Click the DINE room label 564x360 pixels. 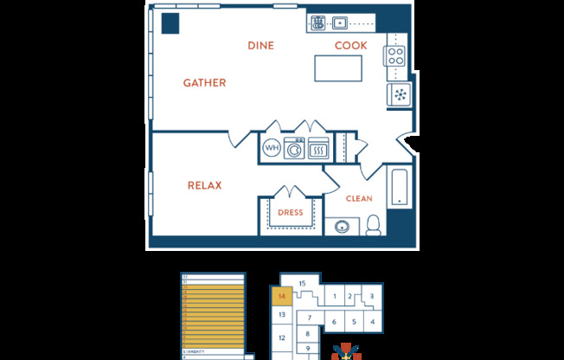261,45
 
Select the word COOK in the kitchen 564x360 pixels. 351,45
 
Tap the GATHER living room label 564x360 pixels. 204,83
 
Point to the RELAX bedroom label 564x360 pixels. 205,185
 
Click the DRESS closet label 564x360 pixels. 289,212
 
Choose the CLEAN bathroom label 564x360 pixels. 359,199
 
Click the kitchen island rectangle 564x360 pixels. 337,67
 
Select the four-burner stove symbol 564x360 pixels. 395,55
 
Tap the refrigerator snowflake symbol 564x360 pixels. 401,93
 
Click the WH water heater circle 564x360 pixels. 271,149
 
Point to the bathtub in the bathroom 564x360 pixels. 400,188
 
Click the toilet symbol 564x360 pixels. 374,225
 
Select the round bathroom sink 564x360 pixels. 343,228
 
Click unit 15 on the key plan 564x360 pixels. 302,284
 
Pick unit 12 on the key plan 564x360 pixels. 281,337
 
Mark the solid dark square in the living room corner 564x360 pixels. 170,23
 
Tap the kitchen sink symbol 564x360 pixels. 339,23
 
